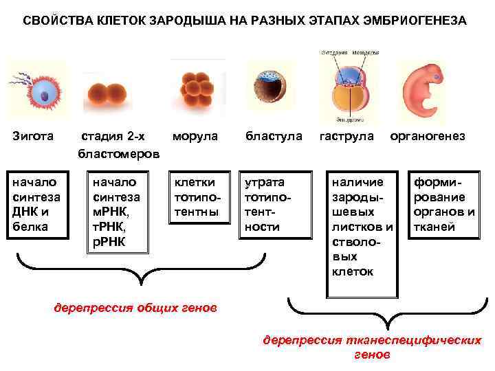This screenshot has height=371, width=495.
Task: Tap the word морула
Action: coord(195,137)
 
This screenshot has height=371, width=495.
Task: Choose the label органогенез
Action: coord(428,137)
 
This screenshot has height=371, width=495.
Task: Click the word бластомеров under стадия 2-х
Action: coord(119,153)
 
